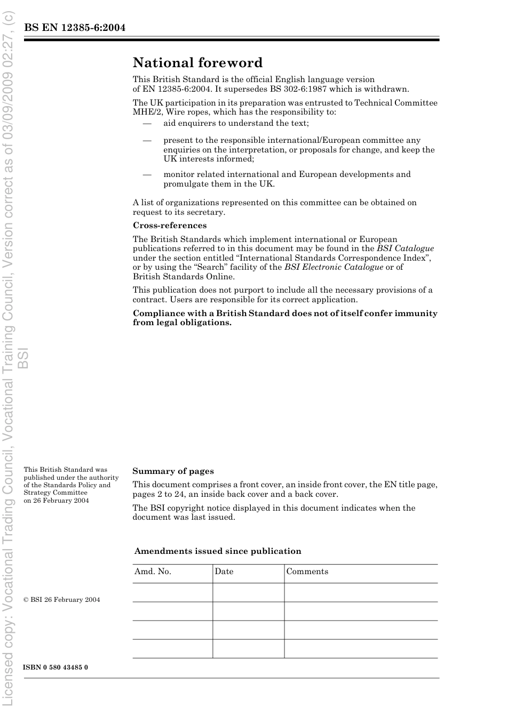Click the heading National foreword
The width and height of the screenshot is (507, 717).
point(197,63)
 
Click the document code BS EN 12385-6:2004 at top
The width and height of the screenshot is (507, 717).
point(75,28)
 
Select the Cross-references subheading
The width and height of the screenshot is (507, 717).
point(170,225)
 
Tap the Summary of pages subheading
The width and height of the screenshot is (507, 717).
point(173,471)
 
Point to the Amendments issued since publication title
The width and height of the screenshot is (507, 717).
point(218,551)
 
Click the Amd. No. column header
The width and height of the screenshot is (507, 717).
point(153,571)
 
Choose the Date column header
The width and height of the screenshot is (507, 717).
point(224,571)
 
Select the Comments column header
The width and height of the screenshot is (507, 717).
point(307,571)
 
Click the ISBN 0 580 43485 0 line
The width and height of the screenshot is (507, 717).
point(56,667)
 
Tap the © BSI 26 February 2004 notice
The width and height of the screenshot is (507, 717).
point(62,600)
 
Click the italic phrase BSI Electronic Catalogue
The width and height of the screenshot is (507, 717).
point(334,267)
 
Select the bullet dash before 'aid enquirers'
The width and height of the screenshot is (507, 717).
point(147,124)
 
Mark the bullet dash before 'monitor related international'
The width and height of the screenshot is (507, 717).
point(147,175)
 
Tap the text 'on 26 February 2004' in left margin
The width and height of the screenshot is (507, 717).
point(56,501)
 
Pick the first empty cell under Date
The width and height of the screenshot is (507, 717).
point(248,592)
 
